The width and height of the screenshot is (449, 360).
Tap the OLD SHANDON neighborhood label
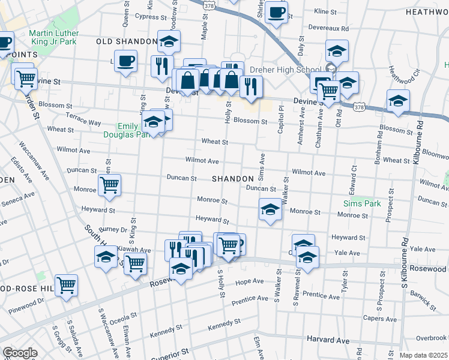126,41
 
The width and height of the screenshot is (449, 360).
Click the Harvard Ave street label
328,340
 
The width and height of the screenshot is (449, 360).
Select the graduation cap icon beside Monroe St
270,209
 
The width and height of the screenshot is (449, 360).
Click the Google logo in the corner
19,353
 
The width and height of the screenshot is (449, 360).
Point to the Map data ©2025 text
423,355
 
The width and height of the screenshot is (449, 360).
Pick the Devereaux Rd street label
328,28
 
